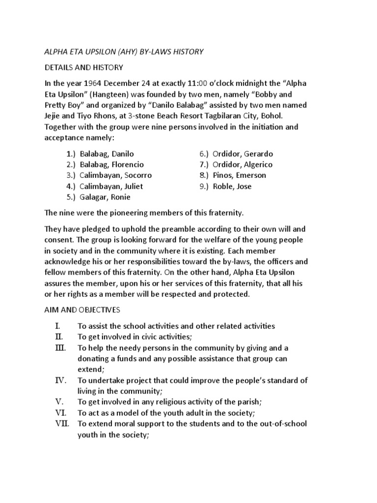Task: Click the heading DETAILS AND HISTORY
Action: point(83,67)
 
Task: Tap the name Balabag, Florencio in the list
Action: point(111,165)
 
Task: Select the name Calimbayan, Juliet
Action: point(110,186)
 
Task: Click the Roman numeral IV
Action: point(60,380)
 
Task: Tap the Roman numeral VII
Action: point(62,423)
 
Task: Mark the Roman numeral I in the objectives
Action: point(57,326)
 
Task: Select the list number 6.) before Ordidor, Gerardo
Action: point(204,154)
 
